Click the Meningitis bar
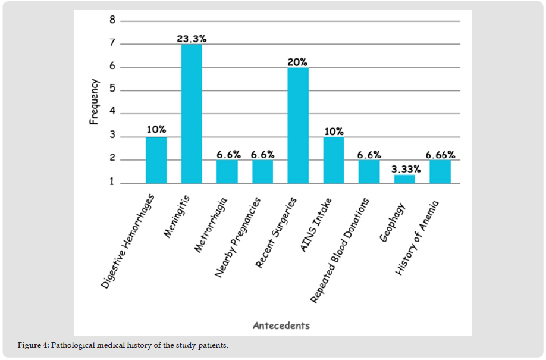click(192, 114)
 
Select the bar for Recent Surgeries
click(298, 126)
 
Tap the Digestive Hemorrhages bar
click(156, 160)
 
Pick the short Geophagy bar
click(404, 179)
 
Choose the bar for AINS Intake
click(334, 160)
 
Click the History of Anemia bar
click(440, 172)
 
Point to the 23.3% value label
click(192, 38)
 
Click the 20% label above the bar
click(298, 61)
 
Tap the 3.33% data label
click(405, 168)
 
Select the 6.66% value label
click(441, 154)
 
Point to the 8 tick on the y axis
click(112, 20)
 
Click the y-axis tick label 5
click(112, 90)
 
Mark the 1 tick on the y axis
click(112, 183)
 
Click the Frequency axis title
click(94, 102)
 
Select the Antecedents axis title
click(281, 325)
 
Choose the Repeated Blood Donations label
click(340, 250)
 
